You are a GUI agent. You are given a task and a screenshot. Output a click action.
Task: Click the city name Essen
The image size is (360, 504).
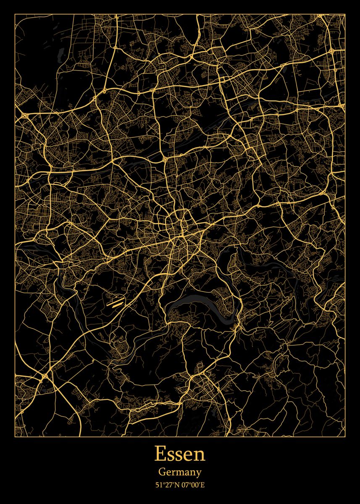coord(180,454)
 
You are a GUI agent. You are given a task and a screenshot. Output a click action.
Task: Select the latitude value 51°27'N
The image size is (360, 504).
coord(166,485)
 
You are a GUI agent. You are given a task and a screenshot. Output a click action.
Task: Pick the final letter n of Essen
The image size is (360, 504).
coord(200,455)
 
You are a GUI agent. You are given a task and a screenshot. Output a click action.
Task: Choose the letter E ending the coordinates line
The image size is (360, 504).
coord(202,485)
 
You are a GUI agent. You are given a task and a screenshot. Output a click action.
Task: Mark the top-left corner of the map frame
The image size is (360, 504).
coord(15,14)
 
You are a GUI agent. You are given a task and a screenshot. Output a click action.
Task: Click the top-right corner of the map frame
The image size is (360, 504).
coord(345,14)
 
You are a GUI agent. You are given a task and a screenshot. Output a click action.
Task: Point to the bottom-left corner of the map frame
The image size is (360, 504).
coord(15,437)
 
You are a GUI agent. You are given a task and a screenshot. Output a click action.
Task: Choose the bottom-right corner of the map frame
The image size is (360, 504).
coord(345,437)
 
